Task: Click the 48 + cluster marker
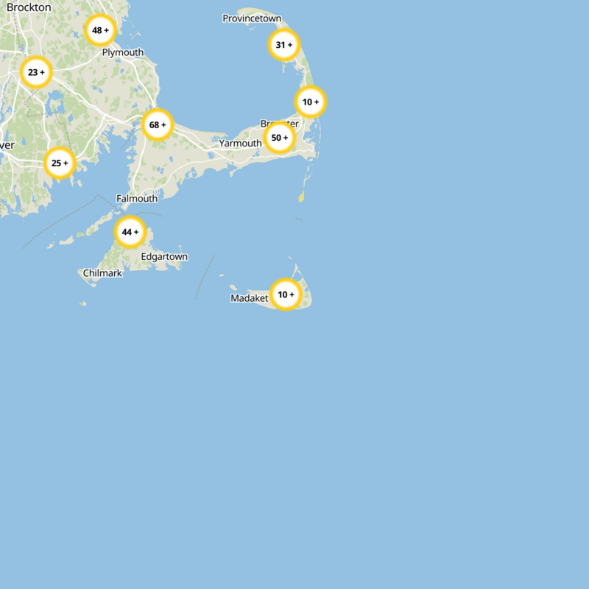pos(100,31)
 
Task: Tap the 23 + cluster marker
pos(36,72)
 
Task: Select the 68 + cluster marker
pos(158,124)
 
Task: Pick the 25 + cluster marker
pos(60,163)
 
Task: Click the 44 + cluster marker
pos(130,232)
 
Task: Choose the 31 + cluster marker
pos(284,45)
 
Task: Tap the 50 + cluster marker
pos(280,138)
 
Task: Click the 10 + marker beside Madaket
pos(286,294)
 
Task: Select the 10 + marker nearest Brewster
pos(311,102)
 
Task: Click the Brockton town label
pos(29,7)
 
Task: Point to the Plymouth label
pos(123,52)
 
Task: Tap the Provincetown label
pos(252,18)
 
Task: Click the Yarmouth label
pos(240,143)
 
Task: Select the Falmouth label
pos(137,199)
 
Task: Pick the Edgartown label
pos(164,256)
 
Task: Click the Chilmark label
pos(102,273)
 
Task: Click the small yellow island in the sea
pos(301,197)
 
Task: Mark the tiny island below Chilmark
pos(83,303)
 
